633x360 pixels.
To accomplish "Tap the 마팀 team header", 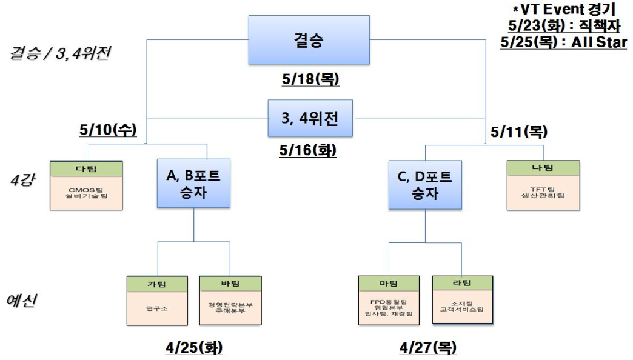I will tap(389, 284).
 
